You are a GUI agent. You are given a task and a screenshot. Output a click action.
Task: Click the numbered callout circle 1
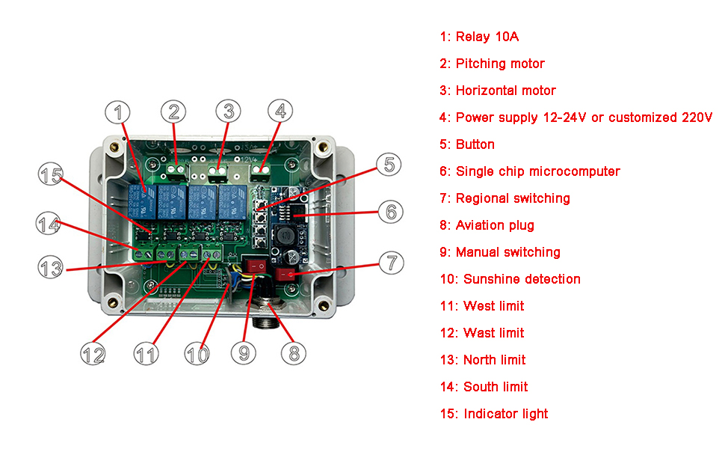(x=117, y=112)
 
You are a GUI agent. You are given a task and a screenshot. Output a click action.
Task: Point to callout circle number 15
(x=52, y=177)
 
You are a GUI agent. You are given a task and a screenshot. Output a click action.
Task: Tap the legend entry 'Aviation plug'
(x=487, y=225)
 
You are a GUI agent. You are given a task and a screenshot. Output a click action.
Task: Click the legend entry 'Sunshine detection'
(x=510, y=279)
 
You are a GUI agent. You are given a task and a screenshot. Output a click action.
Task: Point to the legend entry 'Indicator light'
(x=494, y=414)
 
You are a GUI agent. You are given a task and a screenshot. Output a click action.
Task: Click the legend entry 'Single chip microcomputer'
(x=530, y=171)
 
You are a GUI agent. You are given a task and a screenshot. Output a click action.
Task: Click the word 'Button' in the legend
(x=475, y=144)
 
